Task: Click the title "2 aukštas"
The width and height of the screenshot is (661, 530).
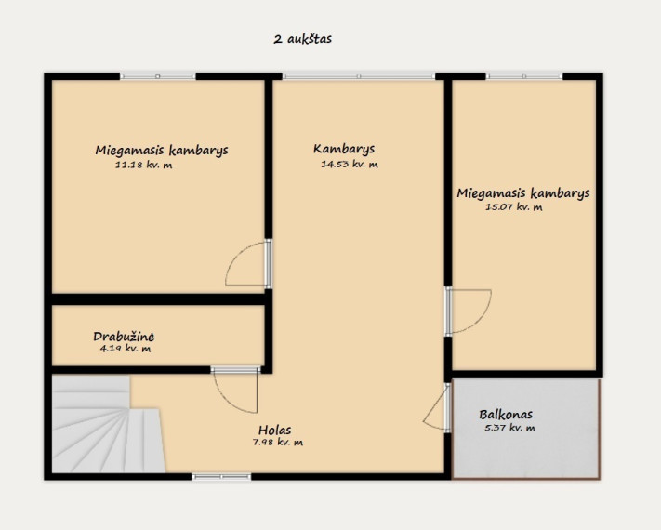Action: (303, 39)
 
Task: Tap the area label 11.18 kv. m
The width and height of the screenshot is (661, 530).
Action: (144, 165)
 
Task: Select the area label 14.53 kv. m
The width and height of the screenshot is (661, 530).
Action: (350, 164)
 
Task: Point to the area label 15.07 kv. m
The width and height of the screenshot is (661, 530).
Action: (514, 207)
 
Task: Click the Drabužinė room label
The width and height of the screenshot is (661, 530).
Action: (124, 337)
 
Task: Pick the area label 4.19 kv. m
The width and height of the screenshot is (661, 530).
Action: (126, 349)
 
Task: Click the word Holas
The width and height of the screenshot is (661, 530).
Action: (274, 431)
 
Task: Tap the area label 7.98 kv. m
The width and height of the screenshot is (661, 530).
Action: (277, 443)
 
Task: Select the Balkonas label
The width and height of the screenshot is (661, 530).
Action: (506, 415)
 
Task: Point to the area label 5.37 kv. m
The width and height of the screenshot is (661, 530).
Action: (510, 428)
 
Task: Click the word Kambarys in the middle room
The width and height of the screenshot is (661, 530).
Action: (344, 150)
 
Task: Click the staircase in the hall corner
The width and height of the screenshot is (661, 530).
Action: (108, 424)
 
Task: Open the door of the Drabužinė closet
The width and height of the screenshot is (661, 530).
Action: (235, 390)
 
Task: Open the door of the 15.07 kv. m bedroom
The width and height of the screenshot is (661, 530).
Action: (468, 311)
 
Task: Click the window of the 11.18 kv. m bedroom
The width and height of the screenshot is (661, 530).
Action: (158, 76)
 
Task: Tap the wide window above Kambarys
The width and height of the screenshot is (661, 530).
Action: (359, 76)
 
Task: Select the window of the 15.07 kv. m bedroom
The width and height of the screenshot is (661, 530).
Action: (524, 76)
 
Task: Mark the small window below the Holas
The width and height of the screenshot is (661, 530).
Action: (222, 477)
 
